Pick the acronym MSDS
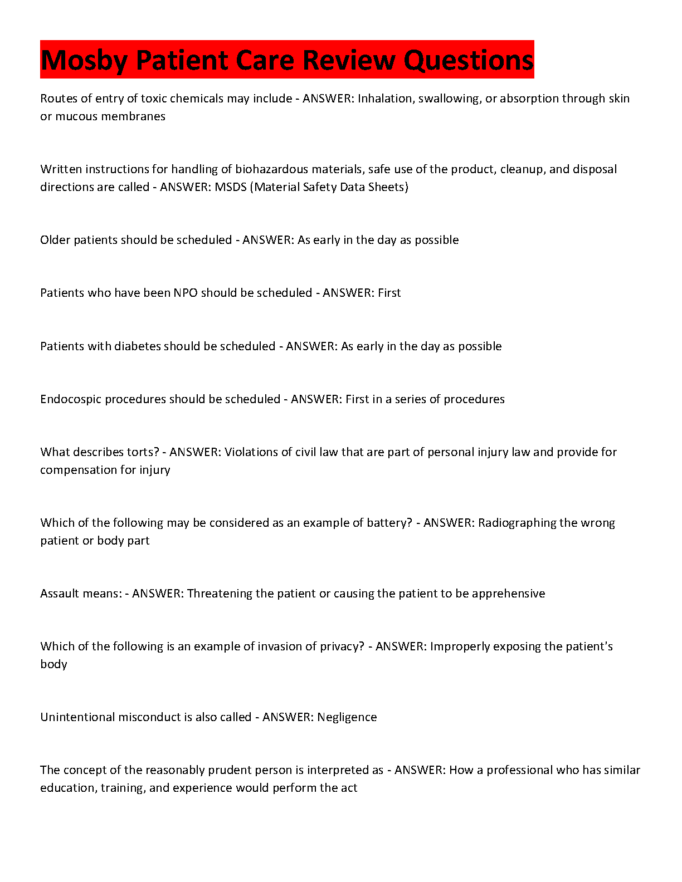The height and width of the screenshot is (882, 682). (230, 187)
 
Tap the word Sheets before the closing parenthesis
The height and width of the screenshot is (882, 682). (388, 187)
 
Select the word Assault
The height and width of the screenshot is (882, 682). (60, 594)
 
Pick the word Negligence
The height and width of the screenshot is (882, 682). (347, 717)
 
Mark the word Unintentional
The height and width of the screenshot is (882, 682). (76, 717)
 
